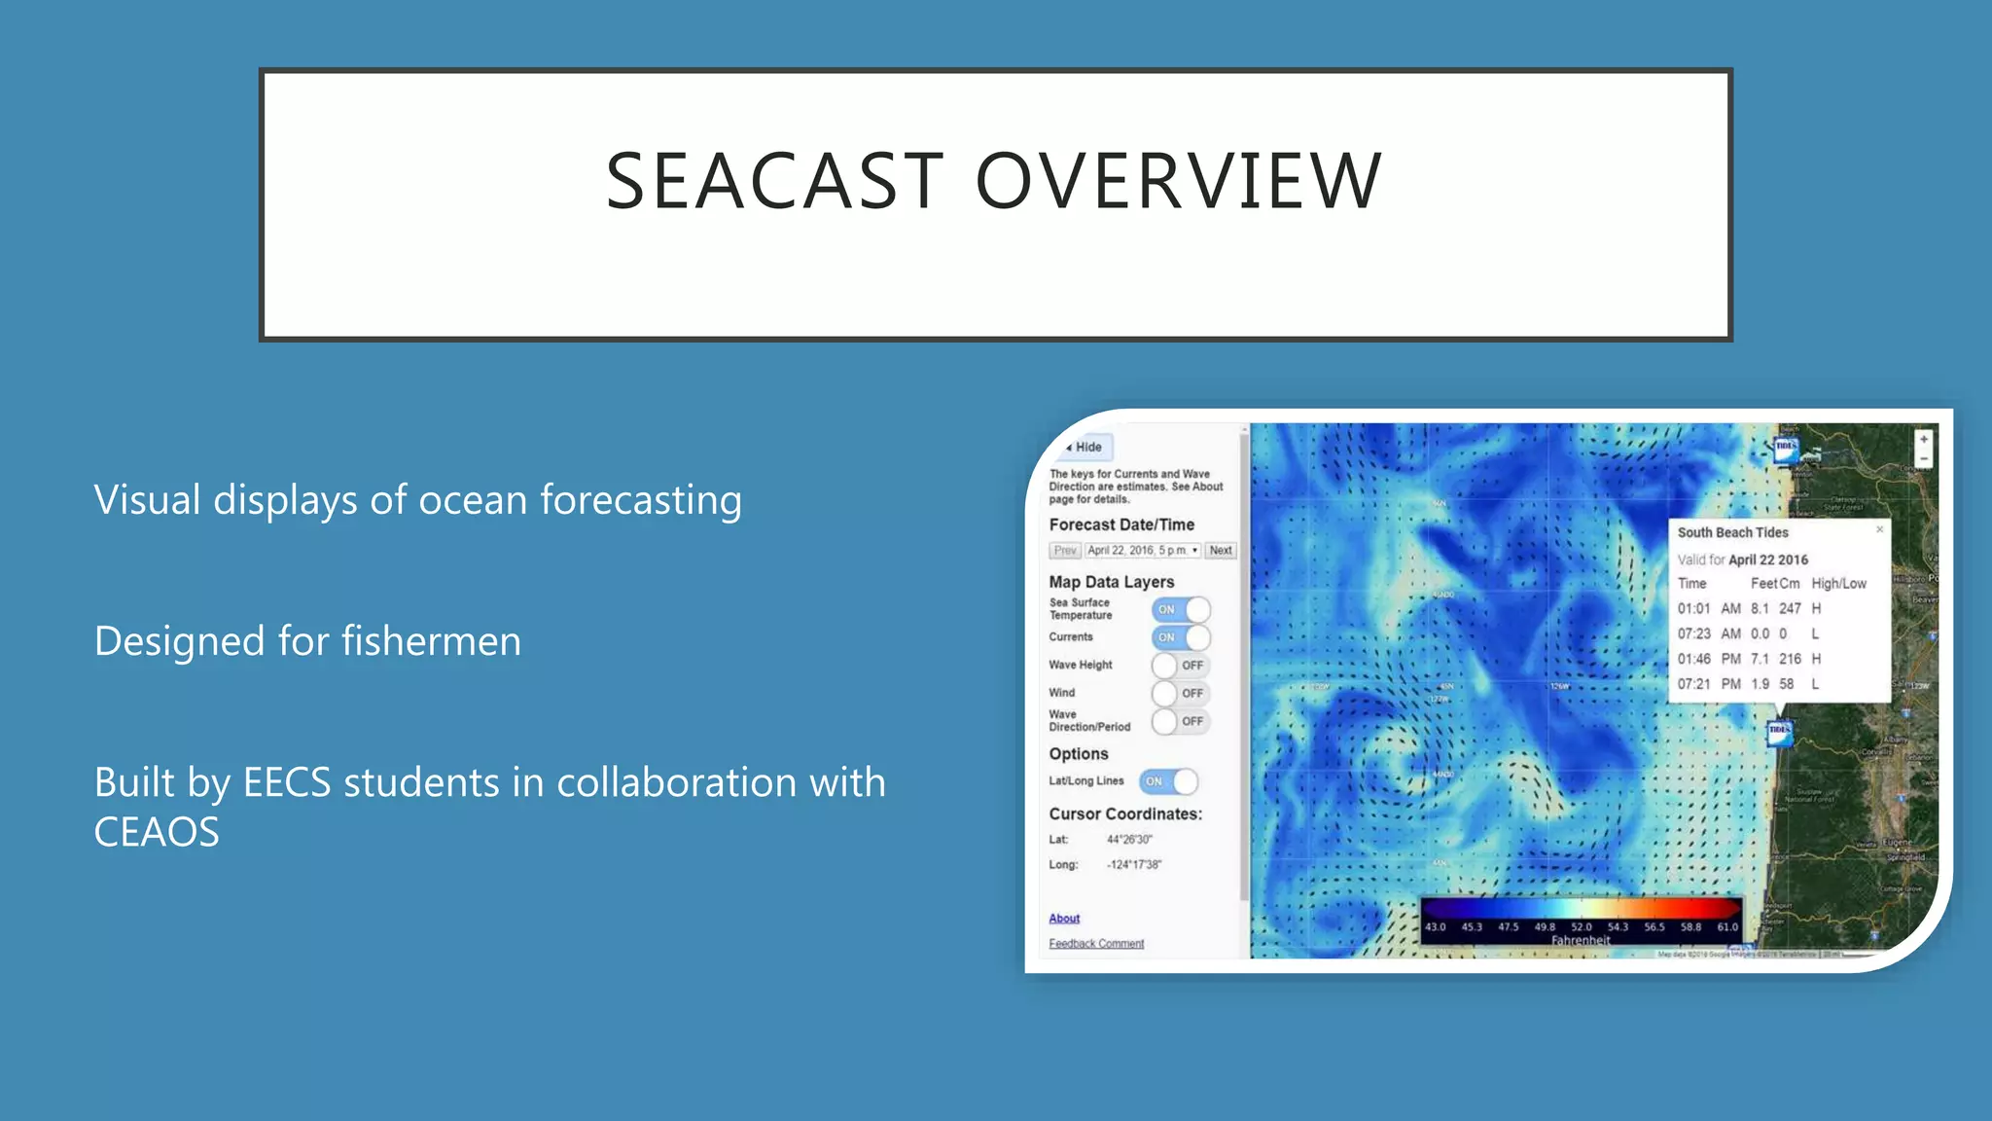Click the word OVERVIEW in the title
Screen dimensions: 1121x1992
1178,182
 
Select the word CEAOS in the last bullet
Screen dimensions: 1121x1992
157,833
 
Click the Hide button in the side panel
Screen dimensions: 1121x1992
1086,448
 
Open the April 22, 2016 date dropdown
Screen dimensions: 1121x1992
1143,551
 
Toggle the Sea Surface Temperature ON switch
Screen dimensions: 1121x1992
1181,610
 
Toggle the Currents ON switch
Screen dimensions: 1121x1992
1181,638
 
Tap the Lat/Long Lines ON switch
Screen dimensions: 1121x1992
1168,781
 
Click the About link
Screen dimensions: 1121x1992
1064,919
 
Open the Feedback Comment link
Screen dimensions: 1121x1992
1096,944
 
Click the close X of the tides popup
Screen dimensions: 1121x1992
1879,529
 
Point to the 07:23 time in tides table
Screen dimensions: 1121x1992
1693,634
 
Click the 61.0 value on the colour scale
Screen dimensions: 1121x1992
1727,927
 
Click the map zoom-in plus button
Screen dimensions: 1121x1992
1923,440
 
